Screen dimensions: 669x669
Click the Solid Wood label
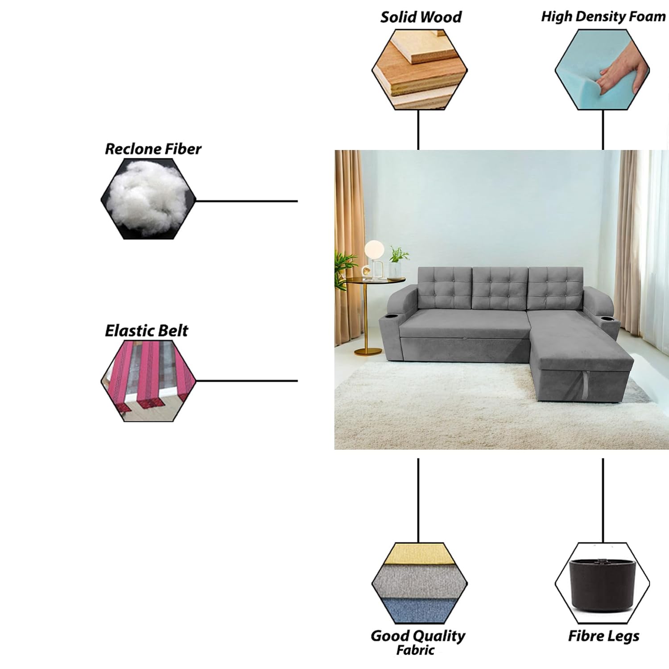[x=421, y=17]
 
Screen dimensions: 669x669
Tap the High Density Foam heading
[x=603, y=17]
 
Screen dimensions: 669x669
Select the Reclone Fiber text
[x=153, y=149]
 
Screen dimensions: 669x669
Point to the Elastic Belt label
[x=146, y=330]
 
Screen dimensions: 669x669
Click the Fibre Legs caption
[x=603, y=636]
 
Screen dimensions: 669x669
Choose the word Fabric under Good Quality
[x=415, y=650]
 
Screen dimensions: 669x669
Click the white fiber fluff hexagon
[x=148, y=199]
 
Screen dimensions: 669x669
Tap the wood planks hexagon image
[x=420, y=70]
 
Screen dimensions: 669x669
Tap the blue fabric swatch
[x=420, y=609]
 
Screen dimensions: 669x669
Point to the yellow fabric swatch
[x=420, y=554]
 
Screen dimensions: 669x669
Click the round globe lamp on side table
[x=373, y=248]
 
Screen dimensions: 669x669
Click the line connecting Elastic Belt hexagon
[x=247, y=381]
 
